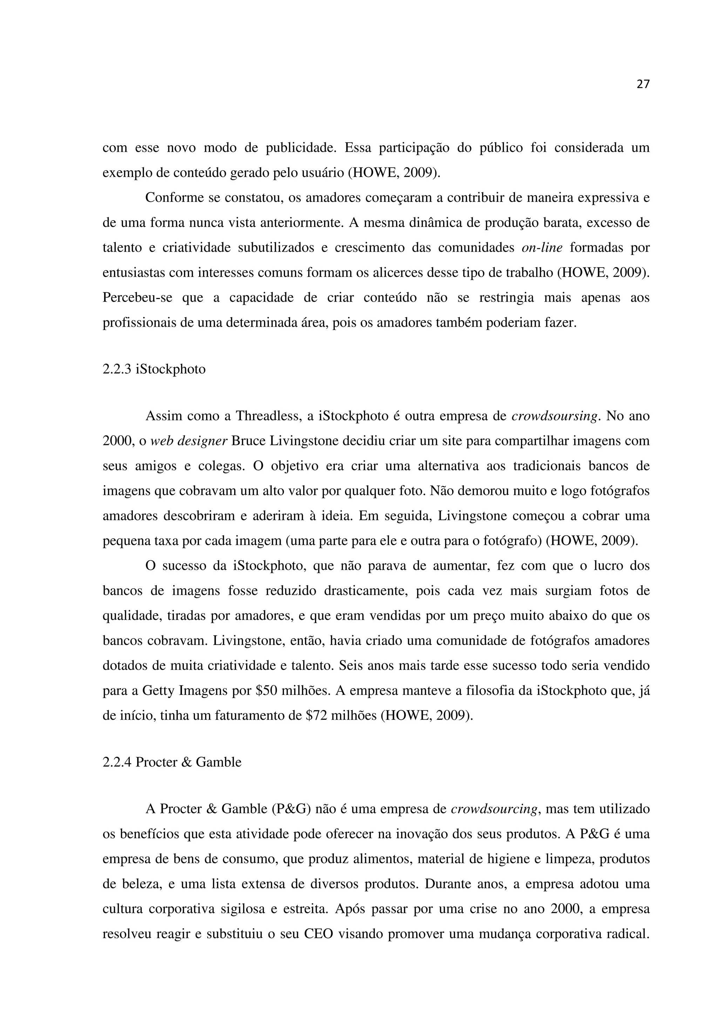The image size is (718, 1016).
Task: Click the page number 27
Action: pos(643,84)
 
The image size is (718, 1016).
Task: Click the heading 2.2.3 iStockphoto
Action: pos(154,368)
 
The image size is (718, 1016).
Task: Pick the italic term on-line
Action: pos(542,248)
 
